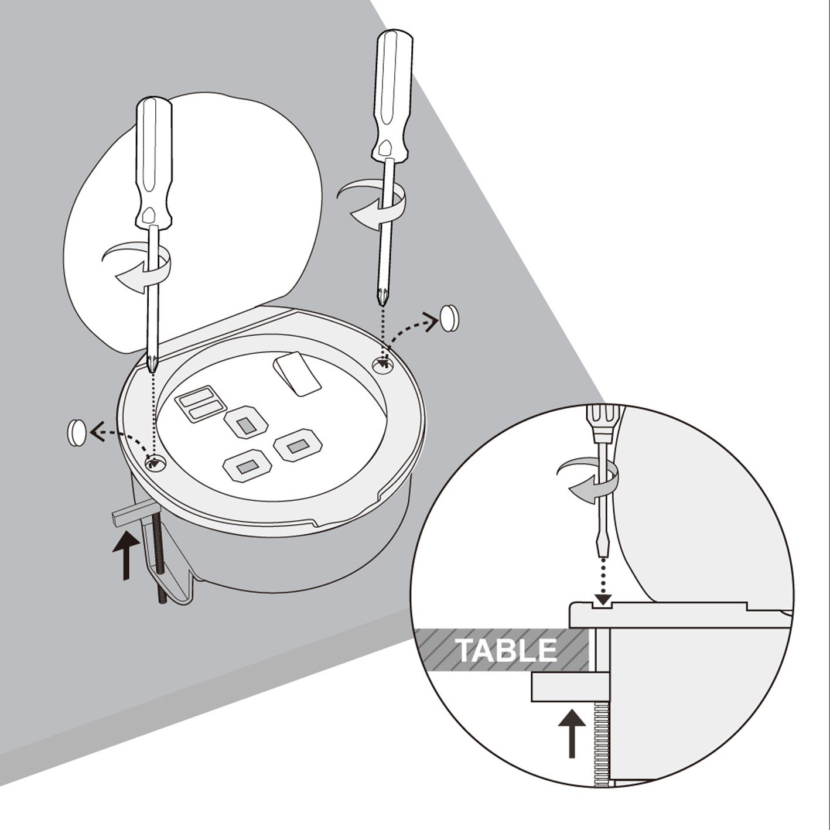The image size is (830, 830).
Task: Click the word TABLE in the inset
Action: pyautogui.click(x=506, y=650)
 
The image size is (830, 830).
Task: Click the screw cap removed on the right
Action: pyautogui.click(x=450, y=319)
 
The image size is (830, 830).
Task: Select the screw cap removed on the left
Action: pyautogui.click(x=77, y=432)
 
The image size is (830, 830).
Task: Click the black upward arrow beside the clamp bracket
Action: pyautogui.click(x=126, y=555)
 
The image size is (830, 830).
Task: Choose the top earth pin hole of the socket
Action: pyautogui.click(x=247, y=425)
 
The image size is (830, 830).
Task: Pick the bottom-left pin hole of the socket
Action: pyautogui.click(x=247, y=466)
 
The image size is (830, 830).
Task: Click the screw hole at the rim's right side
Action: pyautogui.click(x=383, y=366)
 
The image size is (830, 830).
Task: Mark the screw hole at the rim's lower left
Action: pyautogui.click(x=155, y=463)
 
